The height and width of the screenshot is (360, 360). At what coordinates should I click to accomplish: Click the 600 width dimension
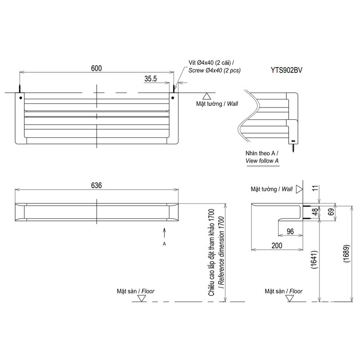coord(96,68)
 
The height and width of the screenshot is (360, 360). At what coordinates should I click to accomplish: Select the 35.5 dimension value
coord(151,79)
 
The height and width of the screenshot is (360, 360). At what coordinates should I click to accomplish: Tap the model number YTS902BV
coord(286,70)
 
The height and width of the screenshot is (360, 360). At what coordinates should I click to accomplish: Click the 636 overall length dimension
coord(96,185)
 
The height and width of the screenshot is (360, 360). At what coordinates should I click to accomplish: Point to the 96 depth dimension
coord(290,231)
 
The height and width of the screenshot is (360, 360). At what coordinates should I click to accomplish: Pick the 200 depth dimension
coord(277,245)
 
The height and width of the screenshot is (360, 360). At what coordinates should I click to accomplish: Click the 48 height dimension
coord(315,211)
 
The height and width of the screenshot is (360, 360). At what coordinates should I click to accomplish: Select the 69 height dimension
coord(331,211)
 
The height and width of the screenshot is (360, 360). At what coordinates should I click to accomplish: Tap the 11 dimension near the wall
coord(315,188)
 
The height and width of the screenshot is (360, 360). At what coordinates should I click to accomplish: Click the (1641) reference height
coord(314,260)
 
